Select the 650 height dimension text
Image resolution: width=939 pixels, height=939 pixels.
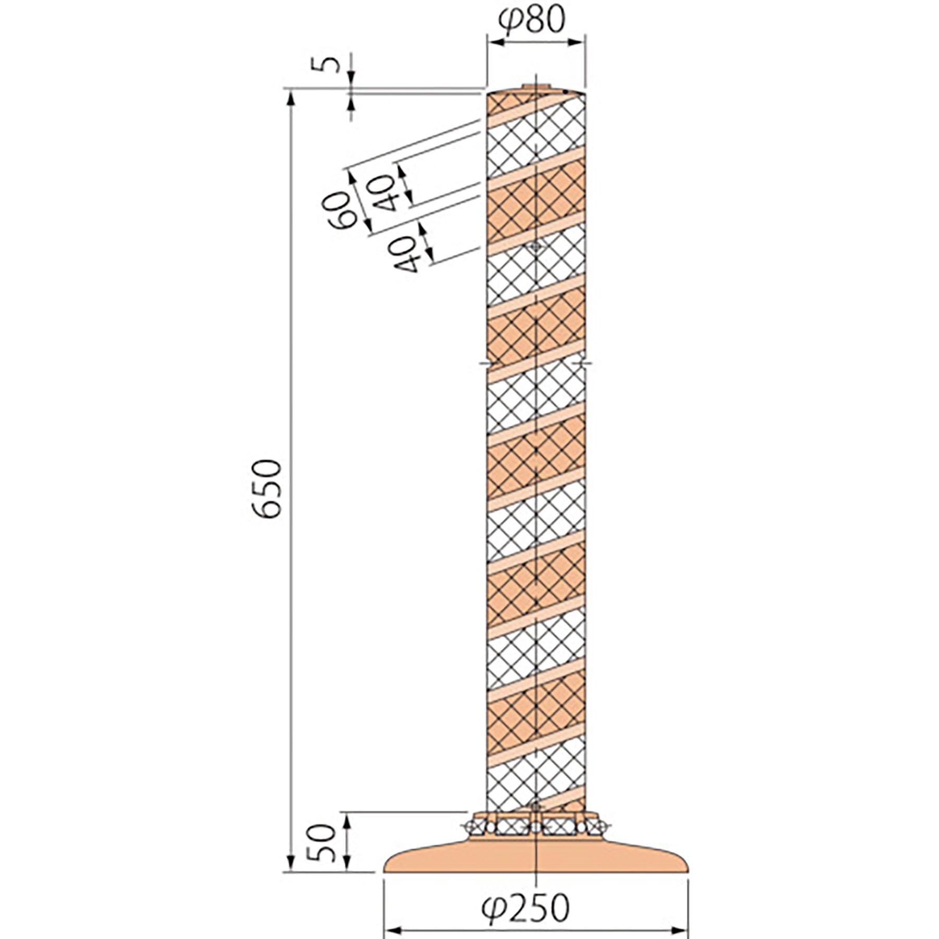pyautogui.click(x=267, y=488)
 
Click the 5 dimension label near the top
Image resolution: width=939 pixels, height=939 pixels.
pyautogui.click(x=328, y=64)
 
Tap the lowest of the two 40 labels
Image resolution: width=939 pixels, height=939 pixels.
pyautogui.click(x=405, y=254)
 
